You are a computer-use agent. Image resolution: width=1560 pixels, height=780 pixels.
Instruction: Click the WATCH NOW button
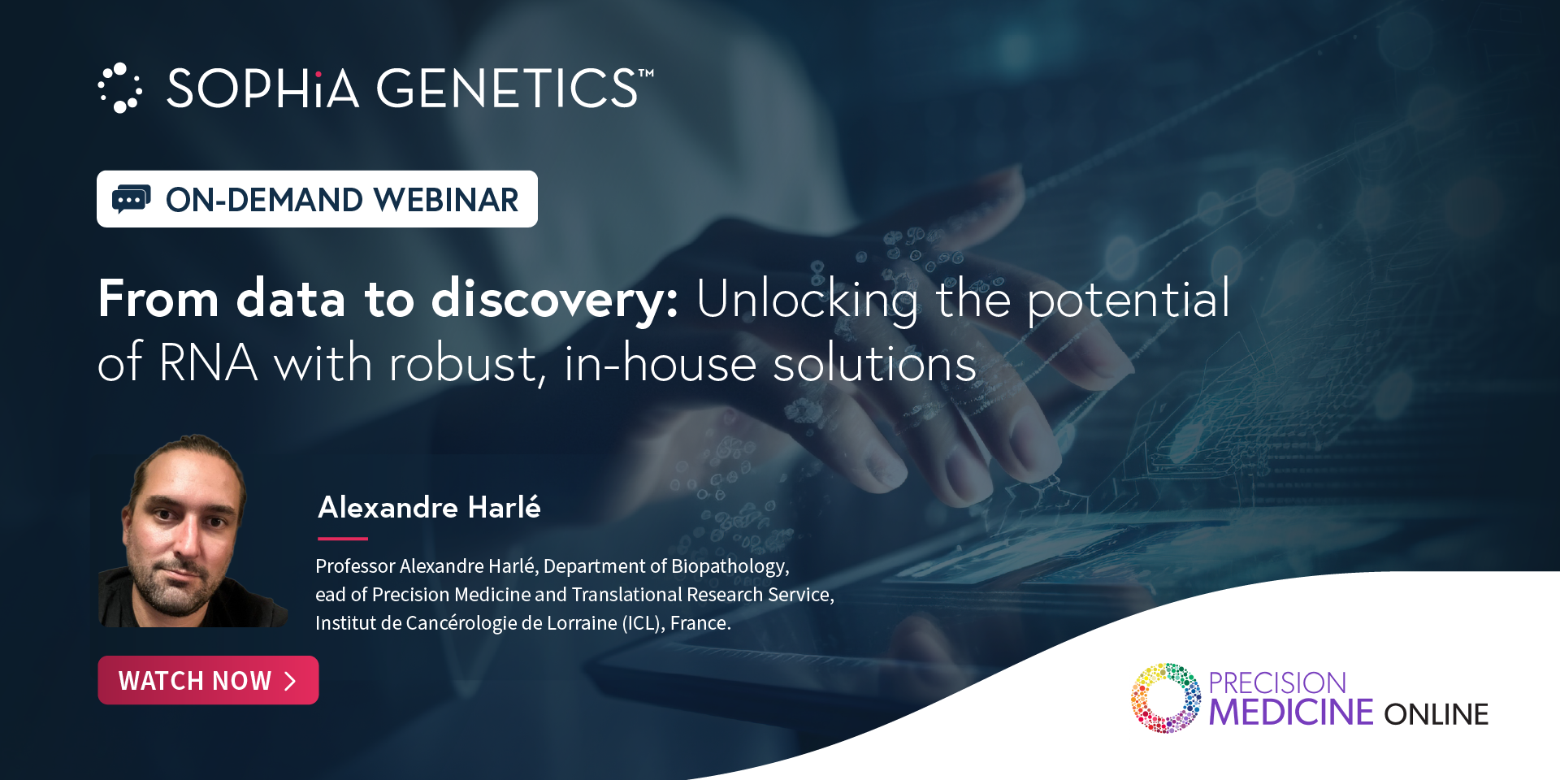[208, 680]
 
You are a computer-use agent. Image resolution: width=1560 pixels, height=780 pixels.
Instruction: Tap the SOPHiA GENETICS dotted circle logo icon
[120, 88]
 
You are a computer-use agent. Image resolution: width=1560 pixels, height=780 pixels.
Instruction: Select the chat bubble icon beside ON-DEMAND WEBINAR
[131, 199]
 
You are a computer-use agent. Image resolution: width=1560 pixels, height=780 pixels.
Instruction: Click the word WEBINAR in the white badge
[446, 200]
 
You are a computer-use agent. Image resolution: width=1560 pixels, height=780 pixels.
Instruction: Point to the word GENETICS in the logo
[508, 88]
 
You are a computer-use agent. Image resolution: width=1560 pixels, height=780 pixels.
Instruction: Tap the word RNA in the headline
[209, 362]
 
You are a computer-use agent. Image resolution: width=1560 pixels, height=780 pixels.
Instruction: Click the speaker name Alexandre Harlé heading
[429, 507]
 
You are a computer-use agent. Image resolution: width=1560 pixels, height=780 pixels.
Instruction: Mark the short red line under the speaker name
[343, 539]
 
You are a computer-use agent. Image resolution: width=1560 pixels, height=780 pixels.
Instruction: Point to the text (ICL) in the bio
[643, 623]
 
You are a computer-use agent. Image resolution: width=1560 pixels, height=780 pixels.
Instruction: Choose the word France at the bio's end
[700, 623]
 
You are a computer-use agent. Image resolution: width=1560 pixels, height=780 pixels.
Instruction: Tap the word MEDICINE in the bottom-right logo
[1290, 713]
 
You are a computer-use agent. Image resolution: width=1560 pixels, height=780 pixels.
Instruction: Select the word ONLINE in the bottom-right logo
[1436, 714]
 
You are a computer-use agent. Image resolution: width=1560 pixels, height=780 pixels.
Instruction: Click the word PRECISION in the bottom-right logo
[1277, 682]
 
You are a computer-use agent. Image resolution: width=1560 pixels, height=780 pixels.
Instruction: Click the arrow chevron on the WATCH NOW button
[290, 681]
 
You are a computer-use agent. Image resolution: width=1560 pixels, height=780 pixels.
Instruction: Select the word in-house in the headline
[660, 362]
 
